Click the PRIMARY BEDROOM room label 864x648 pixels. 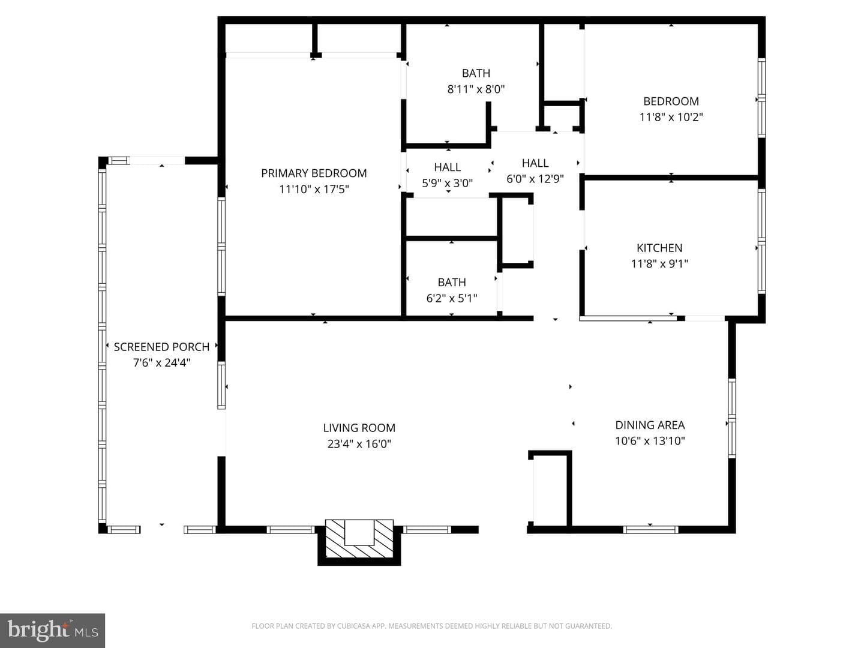point(314,173)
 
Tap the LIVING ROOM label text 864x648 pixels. point(359,428)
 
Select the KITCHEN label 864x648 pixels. point(659,248)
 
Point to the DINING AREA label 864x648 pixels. point(650,425)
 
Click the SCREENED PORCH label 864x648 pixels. point(161,347)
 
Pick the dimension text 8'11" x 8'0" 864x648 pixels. point(476,89)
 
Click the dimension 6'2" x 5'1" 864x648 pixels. point(451,298)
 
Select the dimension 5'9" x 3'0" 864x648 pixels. point(447,183)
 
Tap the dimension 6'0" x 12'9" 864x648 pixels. point(535,179)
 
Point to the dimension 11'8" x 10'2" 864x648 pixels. point(671,117)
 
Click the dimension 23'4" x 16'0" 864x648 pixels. point(359,444)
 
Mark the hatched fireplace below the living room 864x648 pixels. point(359,538)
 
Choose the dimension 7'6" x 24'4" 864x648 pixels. point(161,363)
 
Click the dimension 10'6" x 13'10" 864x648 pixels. point(650,440)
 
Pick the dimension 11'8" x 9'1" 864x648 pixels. point(659,263)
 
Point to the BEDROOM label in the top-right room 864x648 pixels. point(671,101)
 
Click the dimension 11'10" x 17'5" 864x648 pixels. point(314,189)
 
